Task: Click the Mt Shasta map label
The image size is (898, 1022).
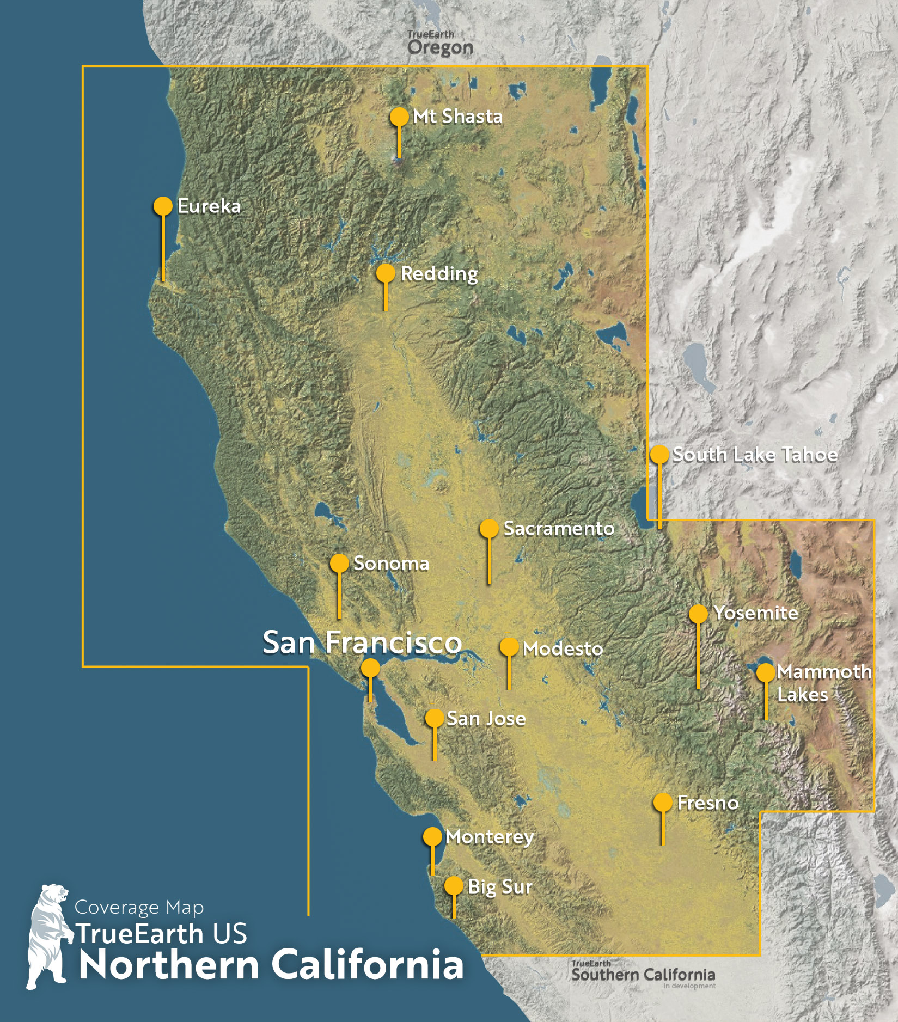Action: point(457,117)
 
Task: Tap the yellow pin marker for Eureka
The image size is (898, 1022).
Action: point(163,206)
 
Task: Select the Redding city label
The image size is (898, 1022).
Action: point(439,273)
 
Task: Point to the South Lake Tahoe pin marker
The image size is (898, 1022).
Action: point(659,454)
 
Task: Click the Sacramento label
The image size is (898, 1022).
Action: point(559,528)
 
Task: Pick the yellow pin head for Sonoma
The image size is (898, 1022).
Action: point(339,563)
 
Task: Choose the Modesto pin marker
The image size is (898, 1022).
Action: point(509,647)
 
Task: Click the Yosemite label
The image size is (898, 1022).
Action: point(756,613)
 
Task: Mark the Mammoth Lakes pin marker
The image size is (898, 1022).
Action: point(766,672)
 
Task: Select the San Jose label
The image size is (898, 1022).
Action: point(486,718)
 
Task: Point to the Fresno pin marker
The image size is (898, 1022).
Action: point(663,802)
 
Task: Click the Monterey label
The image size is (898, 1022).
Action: point(490,837)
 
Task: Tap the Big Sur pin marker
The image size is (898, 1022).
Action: point(454,886)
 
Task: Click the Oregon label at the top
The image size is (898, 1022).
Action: point(440,47)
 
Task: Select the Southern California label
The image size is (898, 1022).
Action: point(643,975)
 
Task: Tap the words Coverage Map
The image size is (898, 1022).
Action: point(139,908)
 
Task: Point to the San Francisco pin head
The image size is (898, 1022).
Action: point(371,668)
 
